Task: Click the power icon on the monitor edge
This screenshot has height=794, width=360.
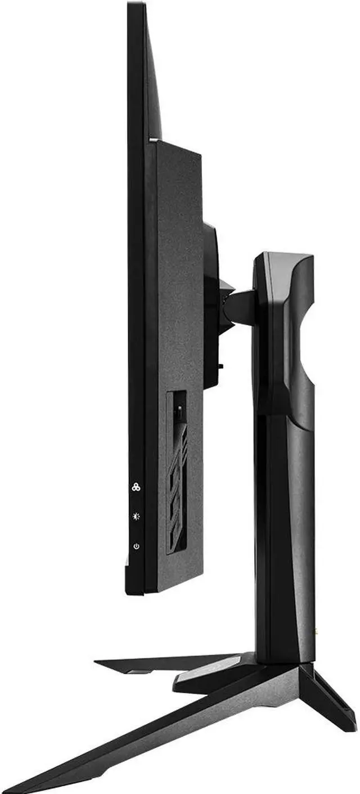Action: pos(136,546)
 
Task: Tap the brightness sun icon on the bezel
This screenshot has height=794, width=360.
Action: pos(136,516)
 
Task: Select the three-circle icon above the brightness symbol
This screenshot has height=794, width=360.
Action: pos(136,487)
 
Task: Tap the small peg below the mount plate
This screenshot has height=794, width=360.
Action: pos(220,366)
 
